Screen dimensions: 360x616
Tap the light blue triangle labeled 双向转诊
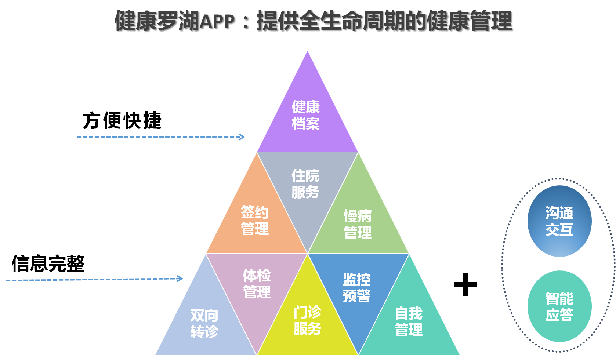click(x=204, y=323)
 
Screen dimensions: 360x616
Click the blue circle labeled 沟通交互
click(x=559, y=221)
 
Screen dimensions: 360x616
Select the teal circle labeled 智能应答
click(x=559, y=306)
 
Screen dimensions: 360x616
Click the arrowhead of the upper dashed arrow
click(x=242, y=137)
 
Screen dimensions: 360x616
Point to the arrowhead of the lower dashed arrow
click(x=180, y=279)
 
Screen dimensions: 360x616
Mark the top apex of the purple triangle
click(x=307, y=51)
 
